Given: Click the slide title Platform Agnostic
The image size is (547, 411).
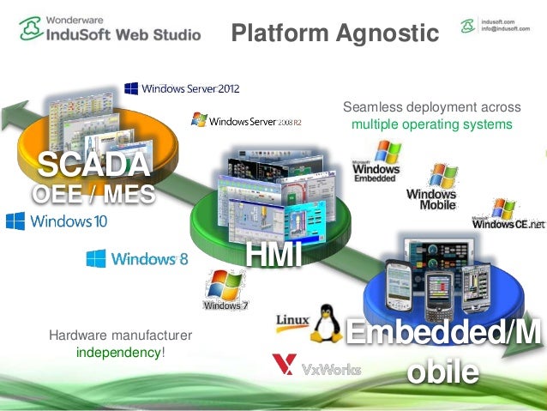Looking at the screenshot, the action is click(334, 33).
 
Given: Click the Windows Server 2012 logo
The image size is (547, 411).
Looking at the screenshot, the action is click(182, 88).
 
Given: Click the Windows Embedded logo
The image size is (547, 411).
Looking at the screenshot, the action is click(376, 162).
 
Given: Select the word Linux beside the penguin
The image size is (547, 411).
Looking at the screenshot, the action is click(292, 321).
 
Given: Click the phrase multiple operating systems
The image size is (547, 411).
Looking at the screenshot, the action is click(431, 124).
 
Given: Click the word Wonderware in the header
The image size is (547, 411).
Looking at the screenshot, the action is click(78, 17).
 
